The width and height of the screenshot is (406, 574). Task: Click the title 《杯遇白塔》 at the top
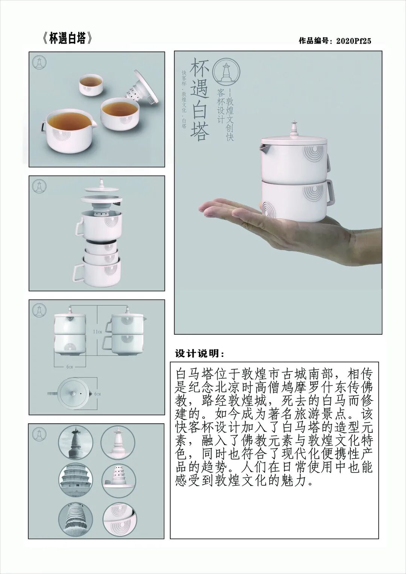click(66, 39)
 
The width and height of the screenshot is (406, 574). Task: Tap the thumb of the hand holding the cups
click(226, 206)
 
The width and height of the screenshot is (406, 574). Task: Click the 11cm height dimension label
click(97, 331)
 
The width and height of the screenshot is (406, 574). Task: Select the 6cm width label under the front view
click(70, 366)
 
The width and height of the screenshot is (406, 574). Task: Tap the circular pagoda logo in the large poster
click(226, 71)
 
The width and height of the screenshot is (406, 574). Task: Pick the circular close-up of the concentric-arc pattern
click(119, 518)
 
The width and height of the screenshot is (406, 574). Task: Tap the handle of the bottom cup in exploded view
click(78, 272)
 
